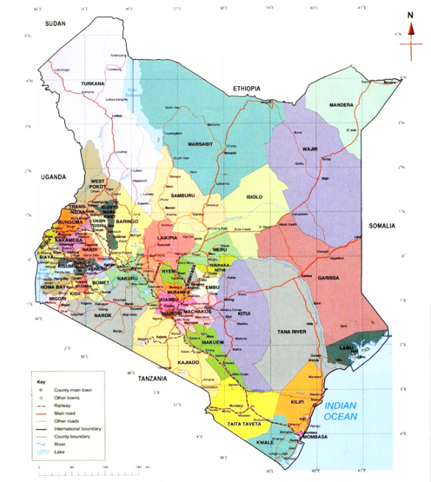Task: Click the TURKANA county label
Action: click(94, 84)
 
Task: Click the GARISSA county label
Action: click(329, 278)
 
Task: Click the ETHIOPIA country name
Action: click(247, 88)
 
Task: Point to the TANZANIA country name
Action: click(153, 378)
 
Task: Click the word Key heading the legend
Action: click(41, 382)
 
